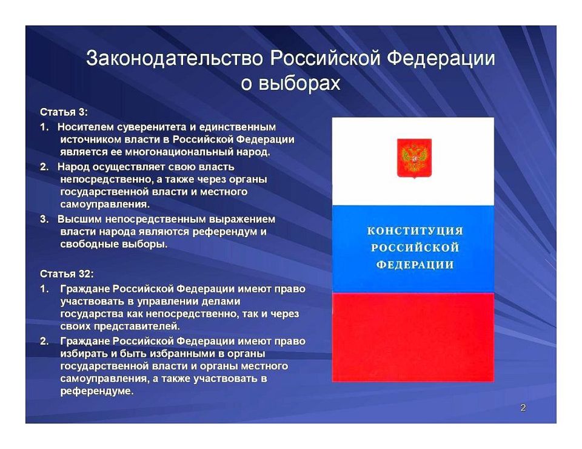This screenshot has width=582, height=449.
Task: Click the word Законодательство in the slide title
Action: [175, 59]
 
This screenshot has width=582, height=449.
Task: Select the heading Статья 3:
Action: [64, 112]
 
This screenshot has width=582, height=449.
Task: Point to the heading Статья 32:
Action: [67, 274]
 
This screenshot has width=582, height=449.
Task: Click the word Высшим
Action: [77, 219]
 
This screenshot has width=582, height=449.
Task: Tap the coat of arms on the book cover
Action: [414, 158]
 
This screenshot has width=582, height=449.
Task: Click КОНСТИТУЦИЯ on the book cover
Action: [415, 231]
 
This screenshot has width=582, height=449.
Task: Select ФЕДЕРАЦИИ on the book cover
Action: [415, 265]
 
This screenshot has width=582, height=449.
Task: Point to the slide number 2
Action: [523, 408]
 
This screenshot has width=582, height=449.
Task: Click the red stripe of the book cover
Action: [413, 337]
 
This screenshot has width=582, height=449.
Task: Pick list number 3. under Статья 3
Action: [44, 219]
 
